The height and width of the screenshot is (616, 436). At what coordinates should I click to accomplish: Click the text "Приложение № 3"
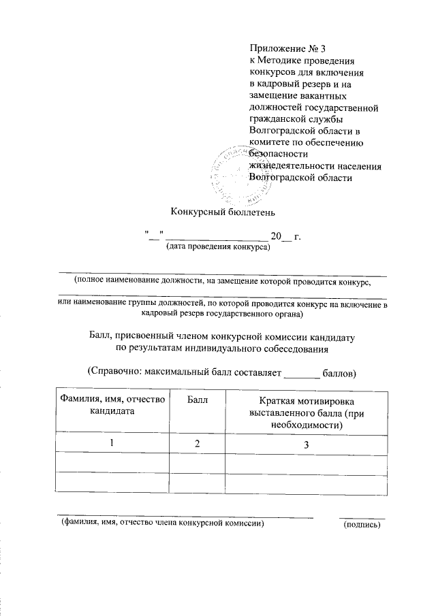click(279, 48)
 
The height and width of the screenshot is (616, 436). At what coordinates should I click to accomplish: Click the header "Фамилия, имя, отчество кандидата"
click(112, 406)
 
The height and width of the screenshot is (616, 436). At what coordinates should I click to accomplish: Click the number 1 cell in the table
click(112, 444)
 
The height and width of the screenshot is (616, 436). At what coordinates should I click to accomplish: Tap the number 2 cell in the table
click(197, 444)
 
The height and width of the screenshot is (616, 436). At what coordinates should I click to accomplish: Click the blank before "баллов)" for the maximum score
click(300, 374)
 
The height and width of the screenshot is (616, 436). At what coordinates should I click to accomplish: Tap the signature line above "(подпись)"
click(362, 517)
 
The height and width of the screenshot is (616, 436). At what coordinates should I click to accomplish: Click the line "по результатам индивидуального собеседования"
click(221, 349)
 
